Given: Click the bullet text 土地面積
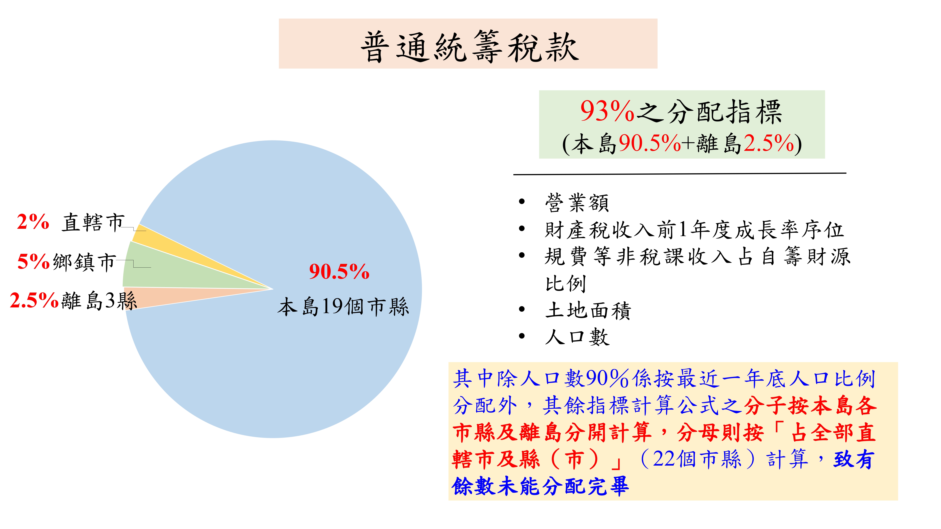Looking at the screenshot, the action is click(x=588, y=311).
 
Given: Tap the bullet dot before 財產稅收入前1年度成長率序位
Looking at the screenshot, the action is click(x=522, y=229).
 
